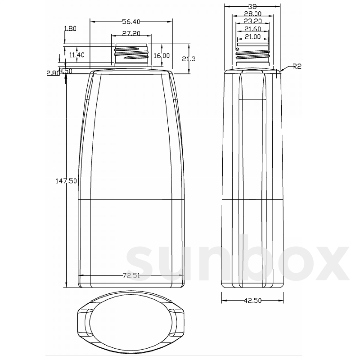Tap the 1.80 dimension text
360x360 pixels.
[70, 28]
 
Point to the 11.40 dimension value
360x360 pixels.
[77, 55]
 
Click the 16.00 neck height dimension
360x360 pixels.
[162, 55]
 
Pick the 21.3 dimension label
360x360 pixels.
[189, 59]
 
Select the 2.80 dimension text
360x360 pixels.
[52, 73]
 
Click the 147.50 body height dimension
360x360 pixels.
[66, 181]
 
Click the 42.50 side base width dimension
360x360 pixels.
[252, 301]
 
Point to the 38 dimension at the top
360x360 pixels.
[252, 6]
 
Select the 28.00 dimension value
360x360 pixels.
[252, 13]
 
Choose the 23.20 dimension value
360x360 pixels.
[252, 21]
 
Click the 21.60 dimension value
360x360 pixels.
[252, 29]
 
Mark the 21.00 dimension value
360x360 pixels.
[252, 37]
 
